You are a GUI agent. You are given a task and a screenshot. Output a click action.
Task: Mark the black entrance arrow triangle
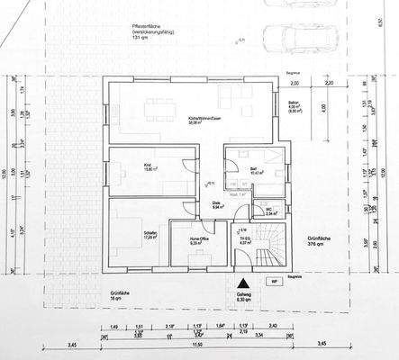pyautogui.click(x=241, y=283)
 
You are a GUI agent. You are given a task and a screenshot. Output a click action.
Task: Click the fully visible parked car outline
pyautogui.click(x=298, y=38)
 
